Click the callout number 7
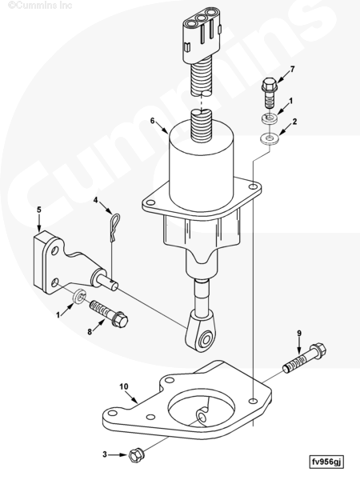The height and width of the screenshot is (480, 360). point(293,69)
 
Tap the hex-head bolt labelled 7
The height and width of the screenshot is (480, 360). point(269,93)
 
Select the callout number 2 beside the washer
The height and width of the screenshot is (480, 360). point(294,122)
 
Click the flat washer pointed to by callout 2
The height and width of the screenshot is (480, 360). point(269,138)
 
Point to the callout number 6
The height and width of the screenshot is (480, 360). point(153,121)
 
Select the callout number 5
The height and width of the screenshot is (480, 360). point(39,210)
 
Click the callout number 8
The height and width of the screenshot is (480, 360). point(90,331)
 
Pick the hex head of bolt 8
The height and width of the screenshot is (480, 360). point(120,319)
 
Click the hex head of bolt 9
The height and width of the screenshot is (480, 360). point(318,351)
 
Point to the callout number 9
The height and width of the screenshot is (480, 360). point(299,334)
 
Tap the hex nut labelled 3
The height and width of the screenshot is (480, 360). point(135,455)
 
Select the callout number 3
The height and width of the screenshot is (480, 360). point(105,454)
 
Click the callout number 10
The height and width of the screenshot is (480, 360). point(124,386)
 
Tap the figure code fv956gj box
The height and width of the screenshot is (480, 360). point(326,462)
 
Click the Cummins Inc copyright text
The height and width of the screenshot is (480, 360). point(39,5)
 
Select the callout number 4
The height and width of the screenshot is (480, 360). point(95,201)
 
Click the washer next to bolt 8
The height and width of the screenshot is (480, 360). point(79,296)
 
